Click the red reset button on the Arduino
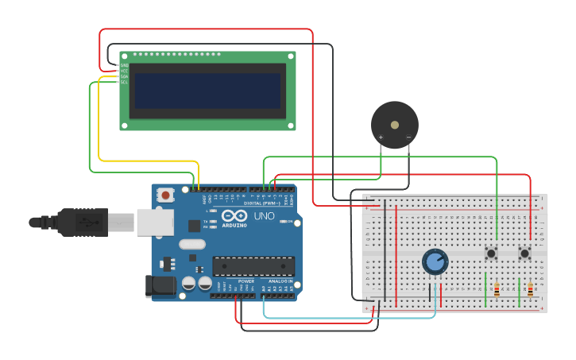(165, 194)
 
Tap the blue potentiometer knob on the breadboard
(435, 261)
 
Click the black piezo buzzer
(395, 124)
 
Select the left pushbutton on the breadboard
(491, 254)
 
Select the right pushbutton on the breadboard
(524, 254)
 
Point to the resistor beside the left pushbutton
(497, 289)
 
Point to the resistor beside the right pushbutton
(530, 289)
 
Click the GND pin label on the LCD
(124, 65)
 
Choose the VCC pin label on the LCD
(124, 71)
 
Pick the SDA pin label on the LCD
(124, 76)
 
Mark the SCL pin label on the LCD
(124, 82)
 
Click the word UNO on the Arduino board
(264, 216)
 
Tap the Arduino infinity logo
(234, 215)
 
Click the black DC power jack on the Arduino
(160, 286)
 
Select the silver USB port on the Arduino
(154, 223)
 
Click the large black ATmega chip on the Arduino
(253, 267)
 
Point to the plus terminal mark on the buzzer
(381, 137)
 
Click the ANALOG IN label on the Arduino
(277, 281)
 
